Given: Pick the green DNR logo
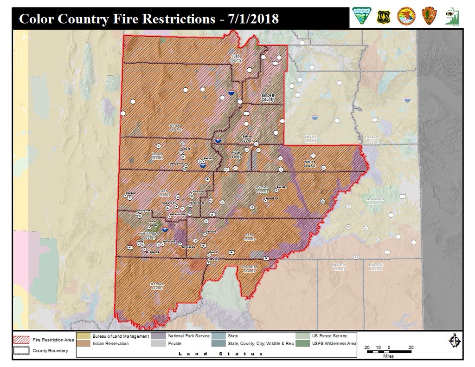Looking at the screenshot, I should click(x=450, y=17).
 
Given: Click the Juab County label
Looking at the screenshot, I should click(x=237, y=58).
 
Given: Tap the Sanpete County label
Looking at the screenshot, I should click(x=268, y=97).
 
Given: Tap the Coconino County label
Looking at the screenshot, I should click(x=249, y=269).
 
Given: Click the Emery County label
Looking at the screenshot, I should click(x=310, y=139).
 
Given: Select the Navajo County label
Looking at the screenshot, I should click(x=339, y=267).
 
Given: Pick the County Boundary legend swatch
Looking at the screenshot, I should click(x=22, y=351).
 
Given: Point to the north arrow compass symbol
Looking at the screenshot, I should click(x=454, y=341).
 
